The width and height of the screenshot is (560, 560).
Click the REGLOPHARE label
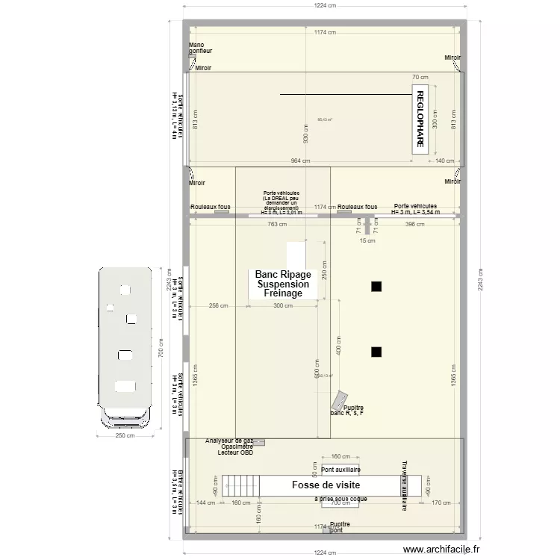click(420, 120)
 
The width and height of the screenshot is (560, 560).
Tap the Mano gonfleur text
click(200, 48)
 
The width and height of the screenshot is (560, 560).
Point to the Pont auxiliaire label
click(340, 469)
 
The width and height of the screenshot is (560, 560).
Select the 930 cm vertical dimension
click(305, 132)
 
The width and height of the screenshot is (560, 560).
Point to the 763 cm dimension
click(277, 224)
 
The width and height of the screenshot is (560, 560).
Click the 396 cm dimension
click(414, 224)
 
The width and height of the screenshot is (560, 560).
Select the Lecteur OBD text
click(235, 453)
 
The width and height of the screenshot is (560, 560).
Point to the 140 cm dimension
click(446, 161)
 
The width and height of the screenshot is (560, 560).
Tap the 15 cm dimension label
click(367, 241)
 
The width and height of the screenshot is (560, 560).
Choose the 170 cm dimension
click(441, 503)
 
